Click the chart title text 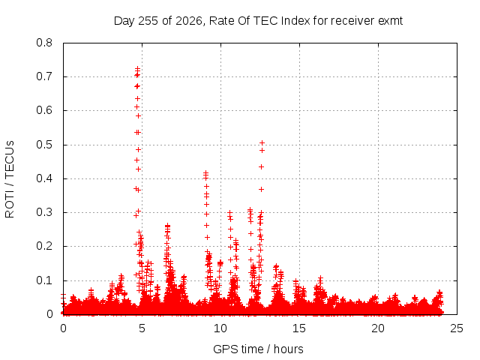click(258, 21)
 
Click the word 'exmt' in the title click(390, 21)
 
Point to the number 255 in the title click(148, 21)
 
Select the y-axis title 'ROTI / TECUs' click(10, 179)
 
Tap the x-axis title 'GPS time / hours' click(258, 349)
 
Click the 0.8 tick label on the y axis click(44, 43)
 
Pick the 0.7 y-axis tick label click(44, 76)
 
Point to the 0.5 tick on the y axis click(44, 145)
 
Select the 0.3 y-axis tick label click(44, 212)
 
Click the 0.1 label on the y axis click(44, 280)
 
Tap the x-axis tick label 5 click(142, 328)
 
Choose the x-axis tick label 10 click(220, 328)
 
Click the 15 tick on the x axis click(299, 328)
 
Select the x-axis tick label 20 click(378, 328)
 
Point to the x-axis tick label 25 click(457, 328)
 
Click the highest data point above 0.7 click(138, 68)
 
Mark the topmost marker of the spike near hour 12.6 click(262, 142)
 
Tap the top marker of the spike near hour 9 click(206, 173)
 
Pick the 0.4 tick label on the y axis click(44, 178)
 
